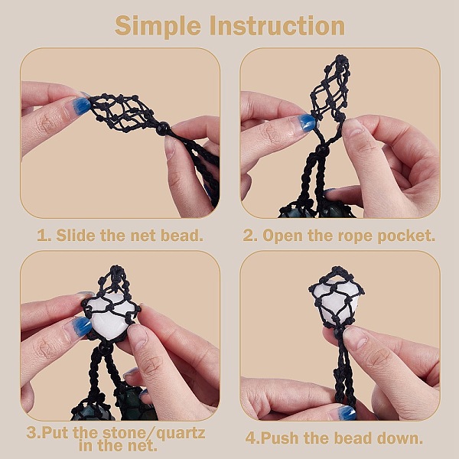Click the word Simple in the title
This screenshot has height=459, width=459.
(x=158, y=26)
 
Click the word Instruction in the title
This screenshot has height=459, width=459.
(x=277, y=26)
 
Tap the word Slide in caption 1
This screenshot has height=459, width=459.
(x=76, y=235)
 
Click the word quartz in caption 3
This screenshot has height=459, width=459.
(x=181, y=433)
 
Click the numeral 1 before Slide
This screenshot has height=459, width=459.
(x=41, y=236)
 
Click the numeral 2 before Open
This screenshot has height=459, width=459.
(x=248, y=236)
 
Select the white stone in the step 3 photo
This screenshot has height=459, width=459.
(x=109, y=317)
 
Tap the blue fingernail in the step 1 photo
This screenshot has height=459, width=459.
(x=79, y=106)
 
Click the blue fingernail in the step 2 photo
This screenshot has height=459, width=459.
(x=305, y=122)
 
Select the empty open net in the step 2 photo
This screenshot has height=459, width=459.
(x=330, y=88)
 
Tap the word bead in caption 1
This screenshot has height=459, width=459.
(x=182, y=235)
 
